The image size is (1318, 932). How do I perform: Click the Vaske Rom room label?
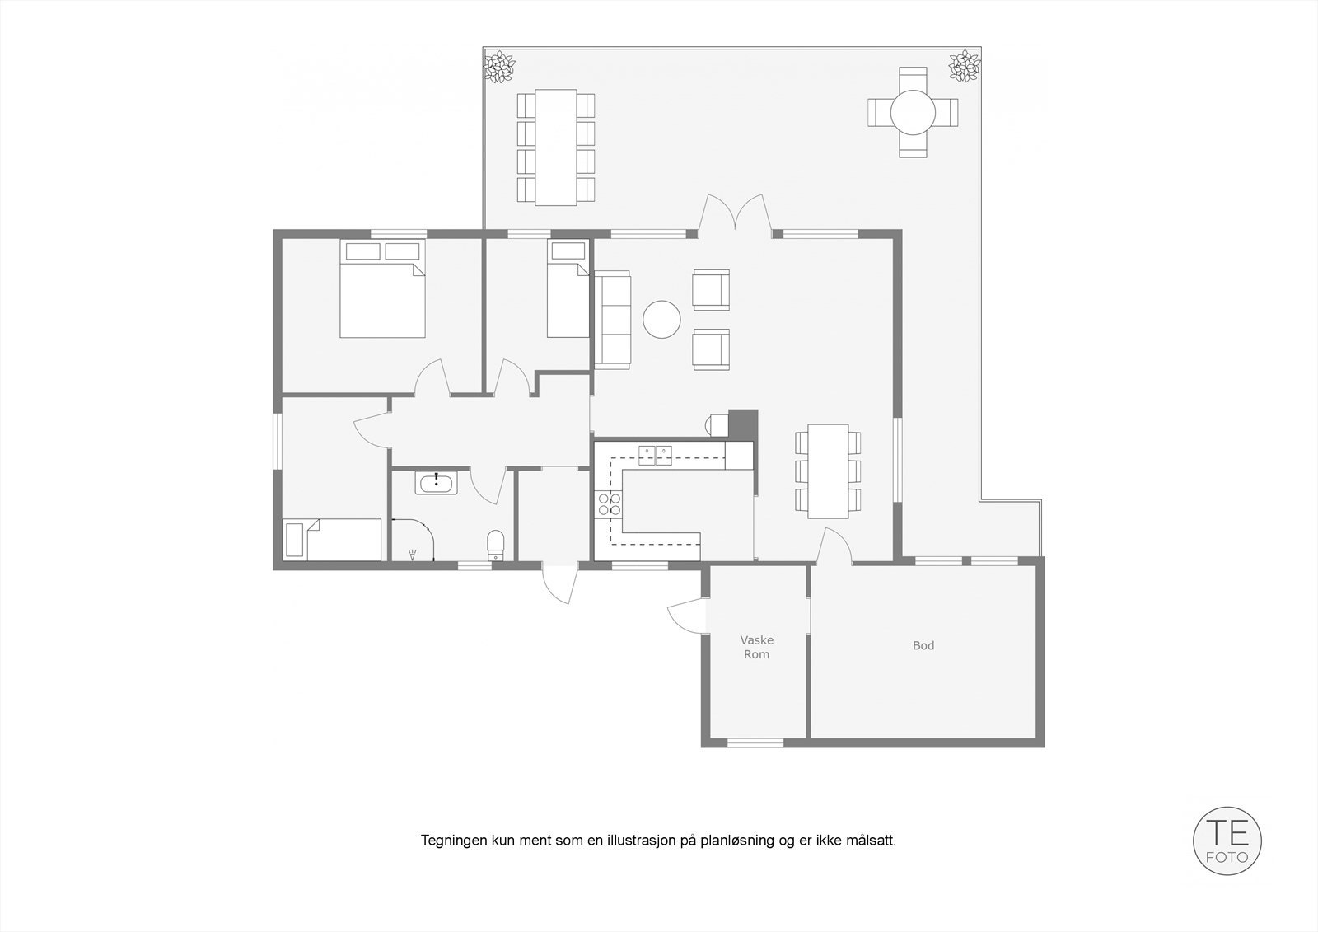point(756,647)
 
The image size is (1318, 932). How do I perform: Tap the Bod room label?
point(923,646)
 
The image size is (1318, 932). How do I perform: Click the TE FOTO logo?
point(1227,841)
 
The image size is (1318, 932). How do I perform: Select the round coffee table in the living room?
point(662,319)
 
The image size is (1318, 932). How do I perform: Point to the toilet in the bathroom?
point(496,543)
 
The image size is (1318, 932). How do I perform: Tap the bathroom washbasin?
point(436,483)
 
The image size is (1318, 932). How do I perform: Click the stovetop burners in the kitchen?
point(610,504)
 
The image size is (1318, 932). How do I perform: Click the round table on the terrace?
point(912,112)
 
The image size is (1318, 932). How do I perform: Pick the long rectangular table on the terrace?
point(556,147)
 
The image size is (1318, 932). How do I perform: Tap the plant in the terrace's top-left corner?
point(498,66)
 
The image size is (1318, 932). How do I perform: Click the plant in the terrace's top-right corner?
point(963,66)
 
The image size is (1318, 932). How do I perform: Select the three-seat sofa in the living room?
point(612,319)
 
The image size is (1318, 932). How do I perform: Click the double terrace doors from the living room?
point(735,218)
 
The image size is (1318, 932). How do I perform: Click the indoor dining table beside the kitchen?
point(828,471)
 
